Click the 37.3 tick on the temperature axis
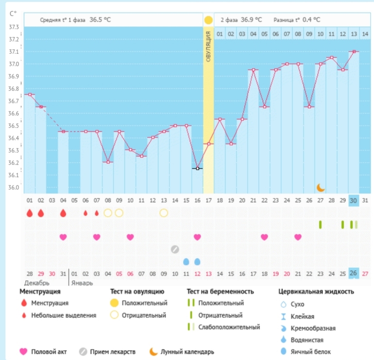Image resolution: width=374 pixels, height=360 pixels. pos(14,27)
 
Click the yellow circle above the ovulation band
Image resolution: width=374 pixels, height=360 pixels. pos(208,20)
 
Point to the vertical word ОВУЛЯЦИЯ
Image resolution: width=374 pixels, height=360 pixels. pos(208,46)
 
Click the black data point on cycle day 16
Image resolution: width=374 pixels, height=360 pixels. pos(197,168)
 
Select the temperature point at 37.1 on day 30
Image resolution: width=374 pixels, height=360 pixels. pos(354,51)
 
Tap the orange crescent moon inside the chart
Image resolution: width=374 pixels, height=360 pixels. pos(321,187)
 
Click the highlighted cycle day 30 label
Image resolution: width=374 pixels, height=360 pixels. pos(354,200)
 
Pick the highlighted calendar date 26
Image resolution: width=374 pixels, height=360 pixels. pos(354,273)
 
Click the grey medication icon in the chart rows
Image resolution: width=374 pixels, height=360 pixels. pos(175,249)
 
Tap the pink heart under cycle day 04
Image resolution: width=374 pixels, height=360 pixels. pos(63,237)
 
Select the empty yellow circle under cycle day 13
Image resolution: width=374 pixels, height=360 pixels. pos(164,213)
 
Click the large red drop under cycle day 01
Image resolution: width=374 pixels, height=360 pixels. pos(30,213)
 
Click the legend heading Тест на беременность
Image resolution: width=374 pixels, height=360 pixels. pos(221,292)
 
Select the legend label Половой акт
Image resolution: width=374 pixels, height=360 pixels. pos(48,351)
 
